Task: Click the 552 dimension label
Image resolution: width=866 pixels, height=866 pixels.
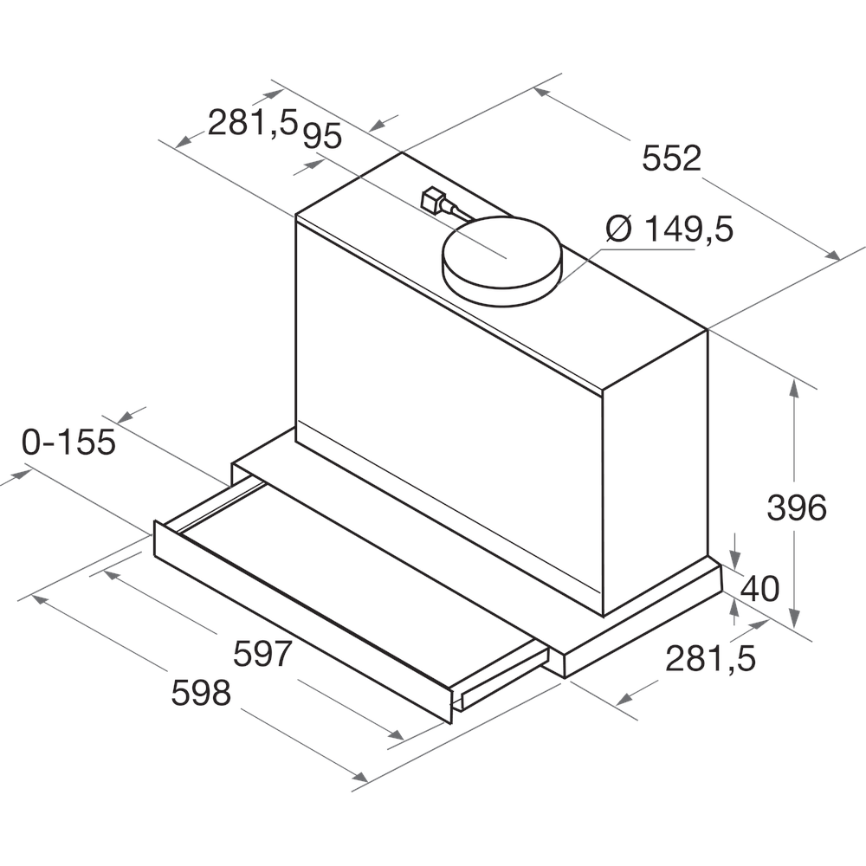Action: [x=671, y=158]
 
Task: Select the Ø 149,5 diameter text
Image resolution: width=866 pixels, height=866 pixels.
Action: [x=669, y=229]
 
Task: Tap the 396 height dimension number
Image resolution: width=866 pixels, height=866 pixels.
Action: [x=796, y=508]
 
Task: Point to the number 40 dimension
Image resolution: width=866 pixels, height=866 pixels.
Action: [x=760, y=589]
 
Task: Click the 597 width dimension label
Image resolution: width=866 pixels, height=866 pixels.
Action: [x=262, y=654]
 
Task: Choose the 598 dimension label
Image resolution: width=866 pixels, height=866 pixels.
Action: [x=201, y=693]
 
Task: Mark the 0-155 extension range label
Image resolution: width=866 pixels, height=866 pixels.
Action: [x=68, y=443]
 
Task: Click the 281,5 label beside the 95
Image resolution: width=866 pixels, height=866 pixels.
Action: [x=252, y=124]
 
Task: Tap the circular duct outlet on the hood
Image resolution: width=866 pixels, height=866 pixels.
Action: [x=501, y=260]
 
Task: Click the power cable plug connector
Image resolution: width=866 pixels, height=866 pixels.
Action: [x=430, y=201]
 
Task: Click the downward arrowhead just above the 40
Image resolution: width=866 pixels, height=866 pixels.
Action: [x=735, y=556]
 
